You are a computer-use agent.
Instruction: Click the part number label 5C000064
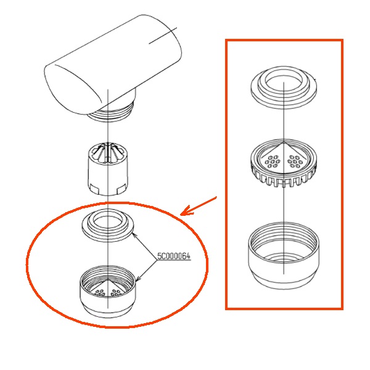click(x=174, y=257)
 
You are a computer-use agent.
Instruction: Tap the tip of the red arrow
click(x=181, y=215)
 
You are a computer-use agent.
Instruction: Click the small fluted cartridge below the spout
click(x=108, y=168)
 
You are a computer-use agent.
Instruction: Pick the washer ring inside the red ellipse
click(x=108, y=225)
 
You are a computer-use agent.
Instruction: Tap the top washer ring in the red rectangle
click(x=284, y=88)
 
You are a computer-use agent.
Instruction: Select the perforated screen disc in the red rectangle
click(x=283, y=163)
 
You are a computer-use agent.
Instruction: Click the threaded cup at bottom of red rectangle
click(x=284, y=256)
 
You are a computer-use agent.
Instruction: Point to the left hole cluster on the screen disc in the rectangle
click(x=272, y=162)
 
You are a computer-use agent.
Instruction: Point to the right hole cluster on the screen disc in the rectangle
click(x=295, y=162)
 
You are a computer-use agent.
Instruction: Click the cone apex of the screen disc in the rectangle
click(x=284, y=143)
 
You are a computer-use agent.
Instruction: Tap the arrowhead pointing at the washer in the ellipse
click(x=134, y=234)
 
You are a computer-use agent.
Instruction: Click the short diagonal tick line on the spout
click(x=163, y=36)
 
